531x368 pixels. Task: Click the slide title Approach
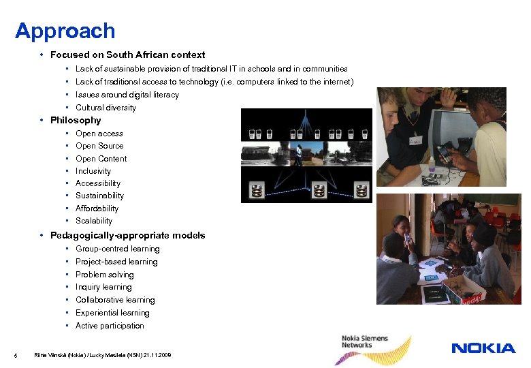[65, 31]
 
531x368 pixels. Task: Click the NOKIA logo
[483, 348]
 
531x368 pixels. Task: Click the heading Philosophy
[76, 121]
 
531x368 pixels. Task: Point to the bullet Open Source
[99, 146]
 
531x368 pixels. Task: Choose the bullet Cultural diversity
[106, 108]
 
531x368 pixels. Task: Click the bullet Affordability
[97, 209]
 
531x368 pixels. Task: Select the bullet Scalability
[94, 221]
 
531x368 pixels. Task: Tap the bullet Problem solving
[105, 275]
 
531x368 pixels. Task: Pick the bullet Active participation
[110, 326]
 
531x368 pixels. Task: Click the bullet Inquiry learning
[103, 287]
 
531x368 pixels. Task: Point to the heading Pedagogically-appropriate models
[127, 236]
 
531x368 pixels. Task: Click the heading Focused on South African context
[127, 55]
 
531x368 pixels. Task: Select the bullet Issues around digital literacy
[127, 95]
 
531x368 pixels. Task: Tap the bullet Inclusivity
[93, 171]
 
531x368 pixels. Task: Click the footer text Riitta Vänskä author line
[103, 355]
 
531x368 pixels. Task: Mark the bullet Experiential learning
[112, 313]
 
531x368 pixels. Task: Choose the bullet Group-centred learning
[118, 249]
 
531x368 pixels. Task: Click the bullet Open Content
[101, 159]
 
